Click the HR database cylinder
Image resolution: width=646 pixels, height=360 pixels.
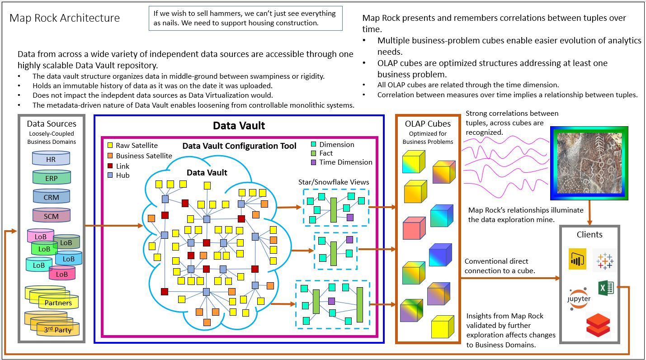point(51,159)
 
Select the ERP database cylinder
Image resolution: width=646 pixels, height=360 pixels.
point(51,178)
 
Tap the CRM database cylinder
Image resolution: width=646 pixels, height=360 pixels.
point(51,197)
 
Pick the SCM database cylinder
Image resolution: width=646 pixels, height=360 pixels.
point(51,216)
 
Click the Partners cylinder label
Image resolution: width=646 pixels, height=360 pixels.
point(58,303)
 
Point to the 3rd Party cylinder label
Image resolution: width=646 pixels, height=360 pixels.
point(57,330)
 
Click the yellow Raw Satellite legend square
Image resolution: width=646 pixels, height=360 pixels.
point(110,146)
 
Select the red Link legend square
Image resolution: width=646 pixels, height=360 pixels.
point(110,166)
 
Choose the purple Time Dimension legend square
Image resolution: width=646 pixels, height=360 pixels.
point(314,162)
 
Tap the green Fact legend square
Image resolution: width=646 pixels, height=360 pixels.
point(314,153)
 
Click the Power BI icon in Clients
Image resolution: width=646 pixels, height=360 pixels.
point(577,259)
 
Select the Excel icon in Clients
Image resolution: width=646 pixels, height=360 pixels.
point(605,288)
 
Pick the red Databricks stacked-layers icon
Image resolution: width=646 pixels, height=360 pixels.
point(598,324)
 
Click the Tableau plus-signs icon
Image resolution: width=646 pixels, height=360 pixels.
point(604,261)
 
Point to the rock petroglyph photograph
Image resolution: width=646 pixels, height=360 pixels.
point(589,163)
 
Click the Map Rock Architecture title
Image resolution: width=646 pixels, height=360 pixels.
point(65,18)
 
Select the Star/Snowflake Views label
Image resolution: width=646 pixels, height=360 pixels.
point(334,182)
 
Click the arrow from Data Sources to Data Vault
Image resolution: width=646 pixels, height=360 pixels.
point(113,225)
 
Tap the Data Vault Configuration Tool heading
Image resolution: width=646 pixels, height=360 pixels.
point(239,146)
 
